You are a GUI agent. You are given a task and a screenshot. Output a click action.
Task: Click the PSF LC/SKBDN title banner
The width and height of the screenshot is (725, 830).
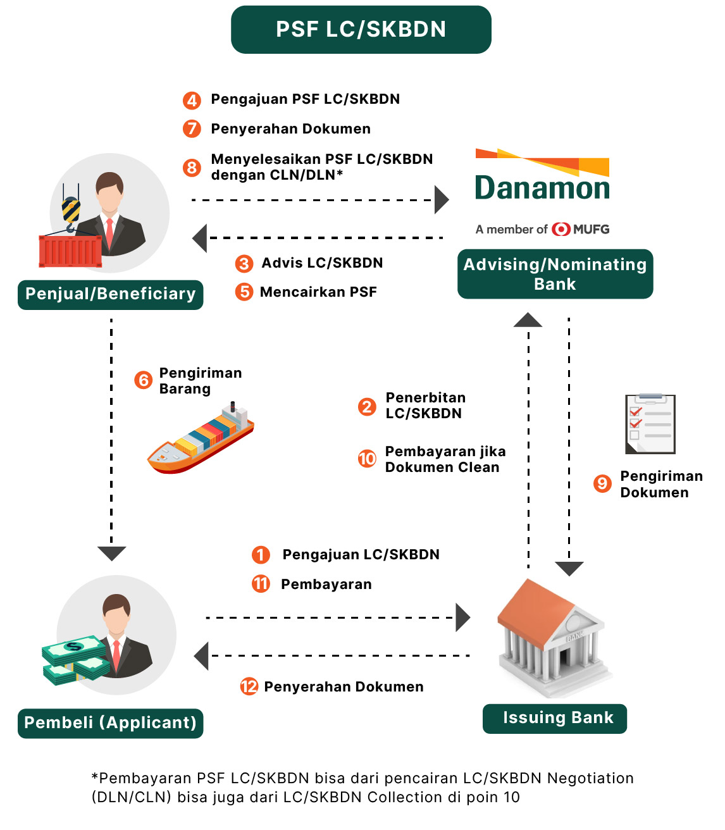point(361,30)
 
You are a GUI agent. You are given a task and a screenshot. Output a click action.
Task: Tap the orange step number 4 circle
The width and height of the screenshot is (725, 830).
point(192,100)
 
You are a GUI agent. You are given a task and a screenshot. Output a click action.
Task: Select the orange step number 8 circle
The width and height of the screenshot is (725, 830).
point(192,168)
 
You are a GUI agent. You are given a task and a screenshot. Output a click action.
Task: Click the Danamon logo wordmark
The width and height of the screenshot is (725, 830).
point(542,188)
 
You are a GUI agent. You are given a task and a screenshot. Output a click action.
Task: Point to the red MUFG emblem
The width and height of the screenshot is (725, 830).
point(561,229)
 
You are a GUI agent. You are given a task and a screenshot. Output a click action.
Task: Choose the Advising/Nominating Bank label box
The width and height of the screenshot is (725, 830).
point(555,274)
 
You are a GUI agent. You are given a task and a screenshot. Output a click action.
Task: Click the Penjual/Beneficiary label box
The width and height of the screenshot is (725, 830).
point(111,294)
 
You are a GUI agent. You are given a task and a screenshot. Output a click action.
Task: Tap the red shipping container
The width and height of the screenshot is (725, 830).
point(70,252)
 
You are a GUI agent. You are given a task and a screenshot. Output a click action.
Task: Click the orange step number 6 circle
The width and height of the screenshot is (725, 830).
point(144,380)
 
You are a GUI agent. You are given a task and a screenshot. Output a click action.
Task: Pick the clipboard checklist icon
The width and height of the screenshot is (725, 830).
point(650,424)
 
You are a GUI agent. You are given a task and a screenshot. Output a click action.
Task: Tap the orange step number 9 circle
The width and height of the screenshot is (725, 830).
point(602,484)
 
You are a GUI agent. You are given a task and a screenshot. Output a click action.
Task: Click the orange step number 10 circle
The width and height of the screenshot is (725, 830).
point(367,459)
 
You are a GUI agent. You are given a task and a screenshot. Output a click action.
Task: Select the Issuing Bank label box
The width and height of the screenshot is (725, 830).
point(555,719)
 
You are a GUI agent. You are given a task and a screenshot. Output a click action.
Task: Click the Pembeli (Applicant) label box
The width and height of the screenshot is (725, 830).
point(111,723)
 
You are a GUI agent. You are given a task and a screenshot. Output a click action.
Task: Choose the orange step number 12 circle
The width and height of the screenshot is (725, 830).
point(249,686)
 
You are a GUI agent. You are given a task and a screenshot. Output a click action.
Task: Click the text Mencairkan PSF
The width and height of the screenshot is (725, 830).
point(318,292)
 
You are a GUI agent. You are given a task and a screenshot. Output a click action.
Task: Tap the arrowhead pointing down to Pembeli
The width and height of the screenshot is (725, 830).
point(112,553)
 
